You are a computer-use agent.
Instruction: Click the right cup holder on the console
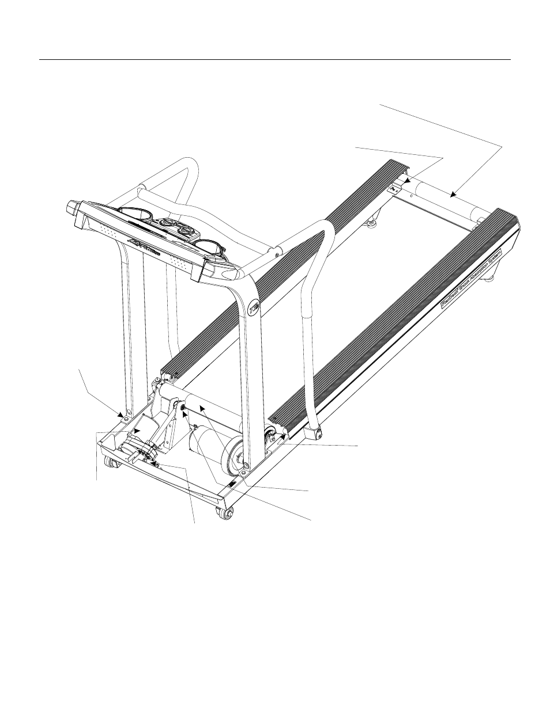pos(208,245)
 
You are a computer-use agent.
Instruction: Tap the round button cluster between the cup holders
pos(173,226)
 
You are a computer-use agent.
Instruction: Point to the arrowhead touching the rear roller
pos(454,195)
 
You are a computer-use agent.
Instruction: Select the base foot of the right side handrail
pos(315,430)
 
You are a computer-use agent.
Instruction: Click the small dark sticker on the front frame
pos(231,485)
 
